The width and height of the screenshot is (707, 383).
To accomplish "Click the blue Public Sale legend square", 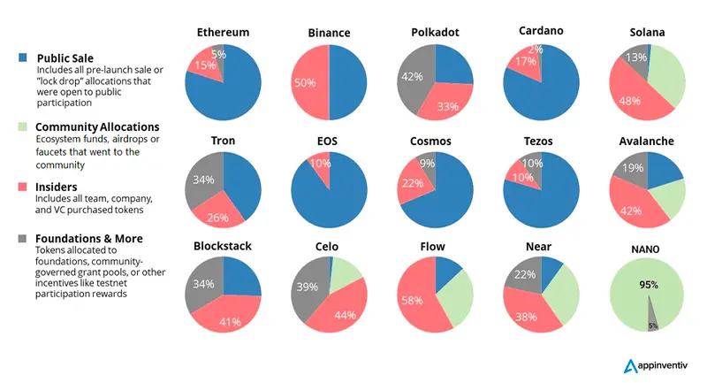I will (23, 57).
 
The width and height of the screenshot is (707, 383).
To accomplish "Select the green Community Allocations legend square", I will (23, 127).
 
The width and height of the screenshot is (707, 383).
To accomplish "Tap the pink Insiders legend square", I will (23, 187).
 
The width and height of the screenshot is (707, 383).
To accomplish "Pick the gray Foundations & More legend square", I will (23, 238).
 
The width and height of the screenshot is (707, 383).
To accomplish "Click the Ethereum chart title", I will (223, 33).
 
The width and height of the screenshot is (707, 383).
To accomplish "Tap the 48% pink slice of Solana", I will (631, 98).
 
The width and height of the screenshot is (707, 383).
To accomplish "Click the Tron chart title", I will (223, 142).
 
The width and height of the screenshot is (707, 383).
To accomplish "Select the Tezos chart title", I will (540, 142).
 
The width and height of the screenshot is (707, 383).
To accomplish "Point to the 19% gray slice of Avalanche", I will (632, 168).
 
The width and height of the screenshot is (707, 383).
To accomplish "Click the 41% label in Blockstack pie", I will (230, 321).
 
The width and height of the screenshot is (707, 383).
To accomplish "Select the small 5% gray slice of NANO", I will (650, 318).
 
